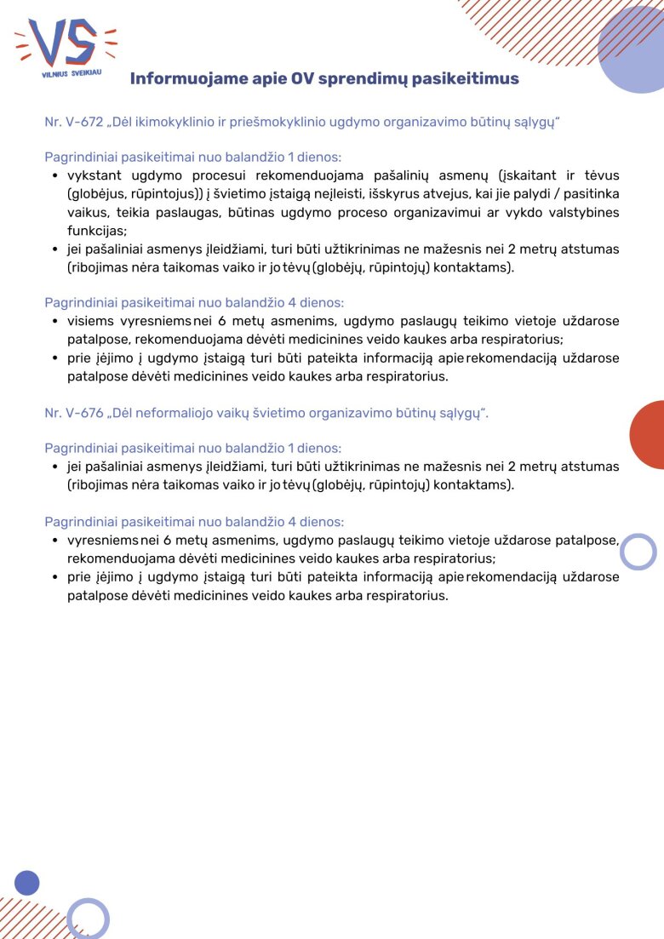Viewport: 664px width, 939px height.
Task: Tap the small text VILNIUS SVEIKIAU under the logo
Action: click(x=72, y=75)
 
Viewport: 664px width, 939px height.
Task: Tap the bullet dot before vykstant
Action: click(x=54, y=176)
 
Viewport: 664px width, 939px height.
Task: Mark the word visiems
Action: click(x=90, y=321)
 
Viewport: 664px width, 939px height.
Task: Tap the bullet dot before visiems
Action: click(x=54, y=322)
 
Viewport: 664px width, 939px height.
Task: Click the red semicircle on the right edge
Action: click(x=649, y=434)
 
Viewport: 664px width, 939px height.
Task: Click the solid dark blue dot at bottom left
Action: click(x=27, y=883)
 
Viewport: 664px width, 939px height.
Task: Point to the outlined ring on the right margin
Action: click(x=638, y=552)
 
